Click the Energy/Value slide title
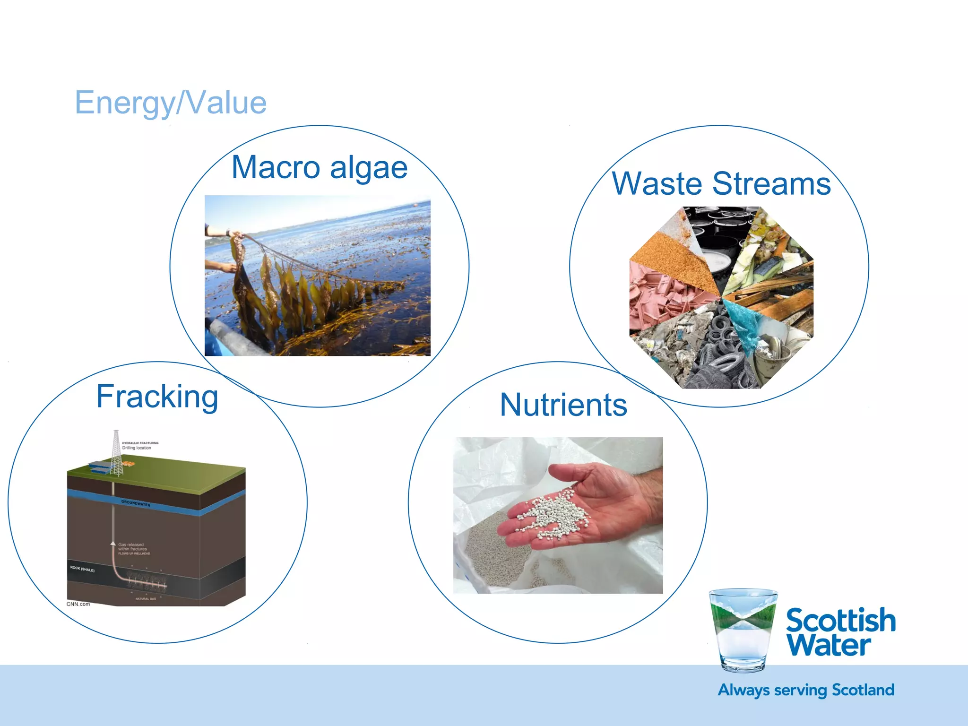pyautogui.click(x=171, y=103)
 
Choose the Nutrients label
pyautogui.click(x=563, y=405)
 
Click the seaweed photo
pyautogui.click(x=318, y=276)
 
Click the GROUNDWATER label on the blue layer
pyautogui.click(x=136, y=503)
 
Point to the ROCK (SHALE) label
pyautogui.click(x=82, y=569)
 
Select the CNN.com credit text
pyautogui.click(x=78, y=604)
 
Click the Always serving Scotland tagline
pyautogui.click(x=806, y=690)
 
